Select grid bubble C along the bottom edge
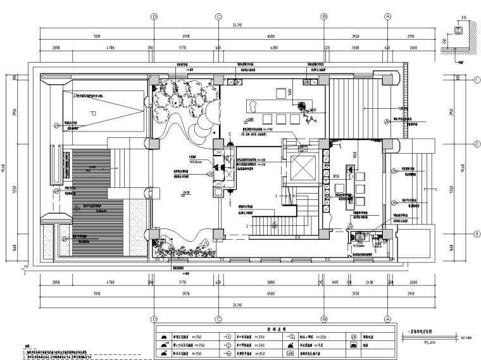(218, 320)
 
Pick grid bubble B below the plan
(323, 320)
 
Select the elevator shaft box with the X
(299, 168)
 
